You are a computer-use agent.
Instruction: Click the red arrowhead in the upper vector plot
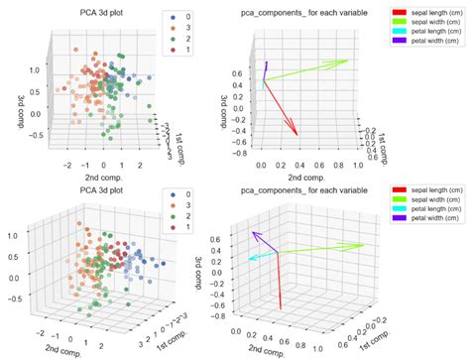(x=296, y=133)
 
